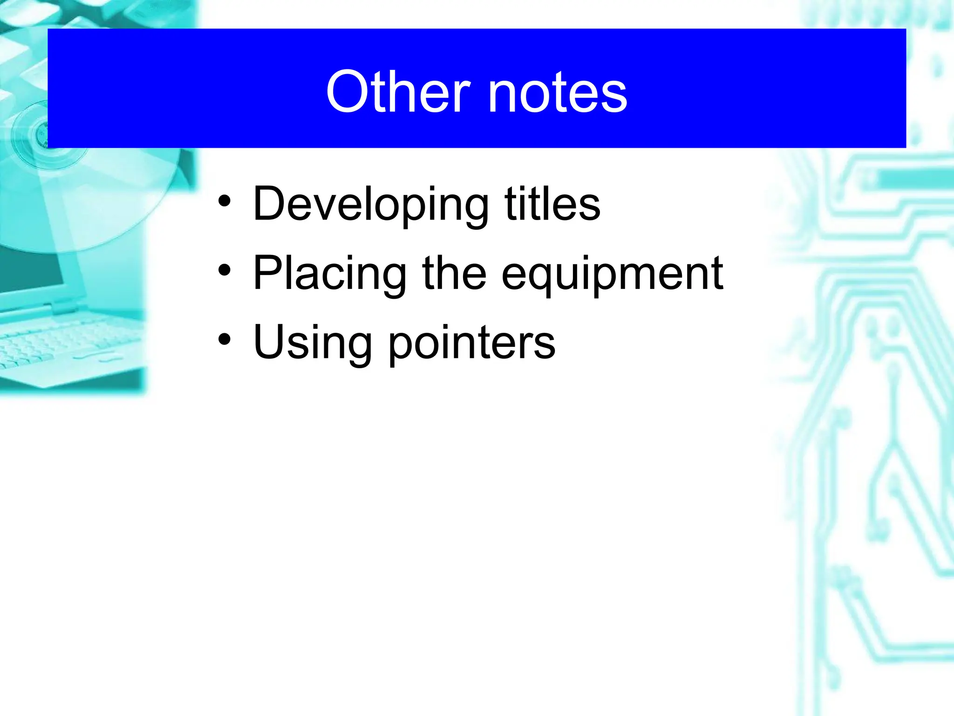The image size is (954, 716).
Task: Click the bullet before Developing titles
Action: point(225,201)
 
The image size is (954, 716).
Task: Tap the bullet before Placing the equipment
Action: point(225,270)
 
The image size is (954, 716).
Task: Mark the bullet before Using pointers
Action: point(225,340)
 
